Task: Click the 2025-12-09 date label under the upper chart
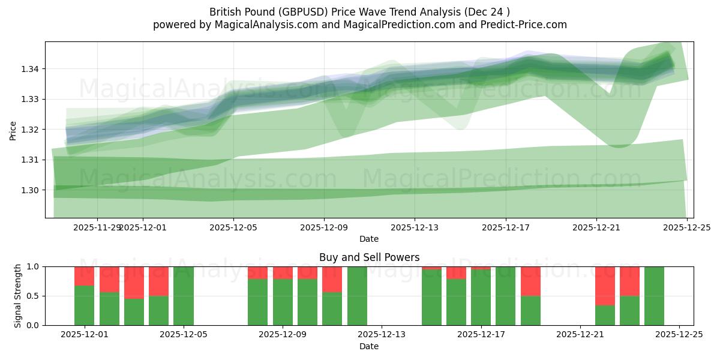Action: pyautogui.click(x=324, y=228)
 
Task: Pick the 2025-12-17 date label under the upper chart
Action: pyautogui.click(x=505, y=228)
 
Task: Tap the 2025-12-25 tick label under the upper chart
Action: pyautogui.click(x=686, y=228)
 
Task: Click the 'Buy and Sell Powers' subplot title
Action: pyautogui.click(x=369, y=257)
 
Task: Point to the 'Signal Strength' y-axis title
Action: pyautogui.click(x=18, y=296)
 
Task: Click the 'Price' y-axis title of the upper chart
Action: pyautogui.click(x=13, y=130)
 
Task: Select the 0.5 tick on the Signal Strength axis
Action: pyautogui.click(x=33, y=296)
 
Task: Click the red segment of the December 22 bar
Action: pyautogui.click(x=605, y=286)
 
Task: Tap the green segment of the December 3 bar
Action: pyautogui.click(x=134, y=312)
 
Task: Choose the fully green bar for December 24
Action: pyautogui.click(x=654, y=296)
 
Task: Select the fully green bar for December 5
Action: pyautogui.click(x=184, y=296)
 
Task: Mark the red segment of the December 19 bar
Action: pyautogui.click(x=530, y=281)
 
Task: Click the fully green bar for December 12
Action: pyautogui.click(x=357, y=296)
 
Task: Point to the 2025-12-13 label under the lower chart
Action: pyautogui.click(x=382, y=335)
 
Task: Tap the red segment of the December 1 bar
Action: pyautogui.click(x=84, y=276)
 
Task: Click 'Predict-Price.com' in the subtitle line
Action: pyautogui.click(x=526, y=25)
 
